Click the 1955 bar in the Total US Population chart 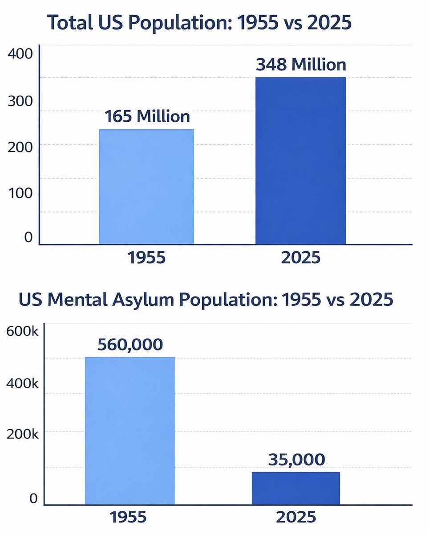pyautogui.click(x=146, y=187)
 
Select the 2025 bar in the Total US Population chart pyautogui.click(x=300, y=161)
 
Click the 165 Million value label pyautogui.click(x=147, y=116)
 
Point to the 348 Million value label pyautogui.click(x=301, y=65)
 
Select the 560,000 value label pyautogui.click(x=130, y=345)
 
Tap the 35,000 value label pyautogui.click(x=296, y=459)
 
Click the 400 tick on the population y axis pyautogui.click(x=20, y=53)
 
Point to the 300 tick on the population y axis pyautogui.click(x=20, y=101)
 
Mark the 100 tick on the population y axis pyautogui.click(x=20, y=193)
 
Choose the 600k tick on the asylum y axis pyautogui.click(x=22, y=331)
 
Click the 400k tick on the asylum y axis pyautogui.click(x=22, y=383)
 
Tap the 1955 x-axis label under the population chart pyautogui.click(x=146, y=258)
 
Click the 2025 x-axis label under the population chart pyautogui.click(x=301, y=258)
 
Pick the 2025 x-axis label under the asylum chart pyautogui.click(x=296, y=520)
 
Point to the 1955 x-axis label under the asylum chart pyautogui.click(x=128, y=520)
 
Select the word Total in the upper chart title pyautogui.click(x=70, y=22)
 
